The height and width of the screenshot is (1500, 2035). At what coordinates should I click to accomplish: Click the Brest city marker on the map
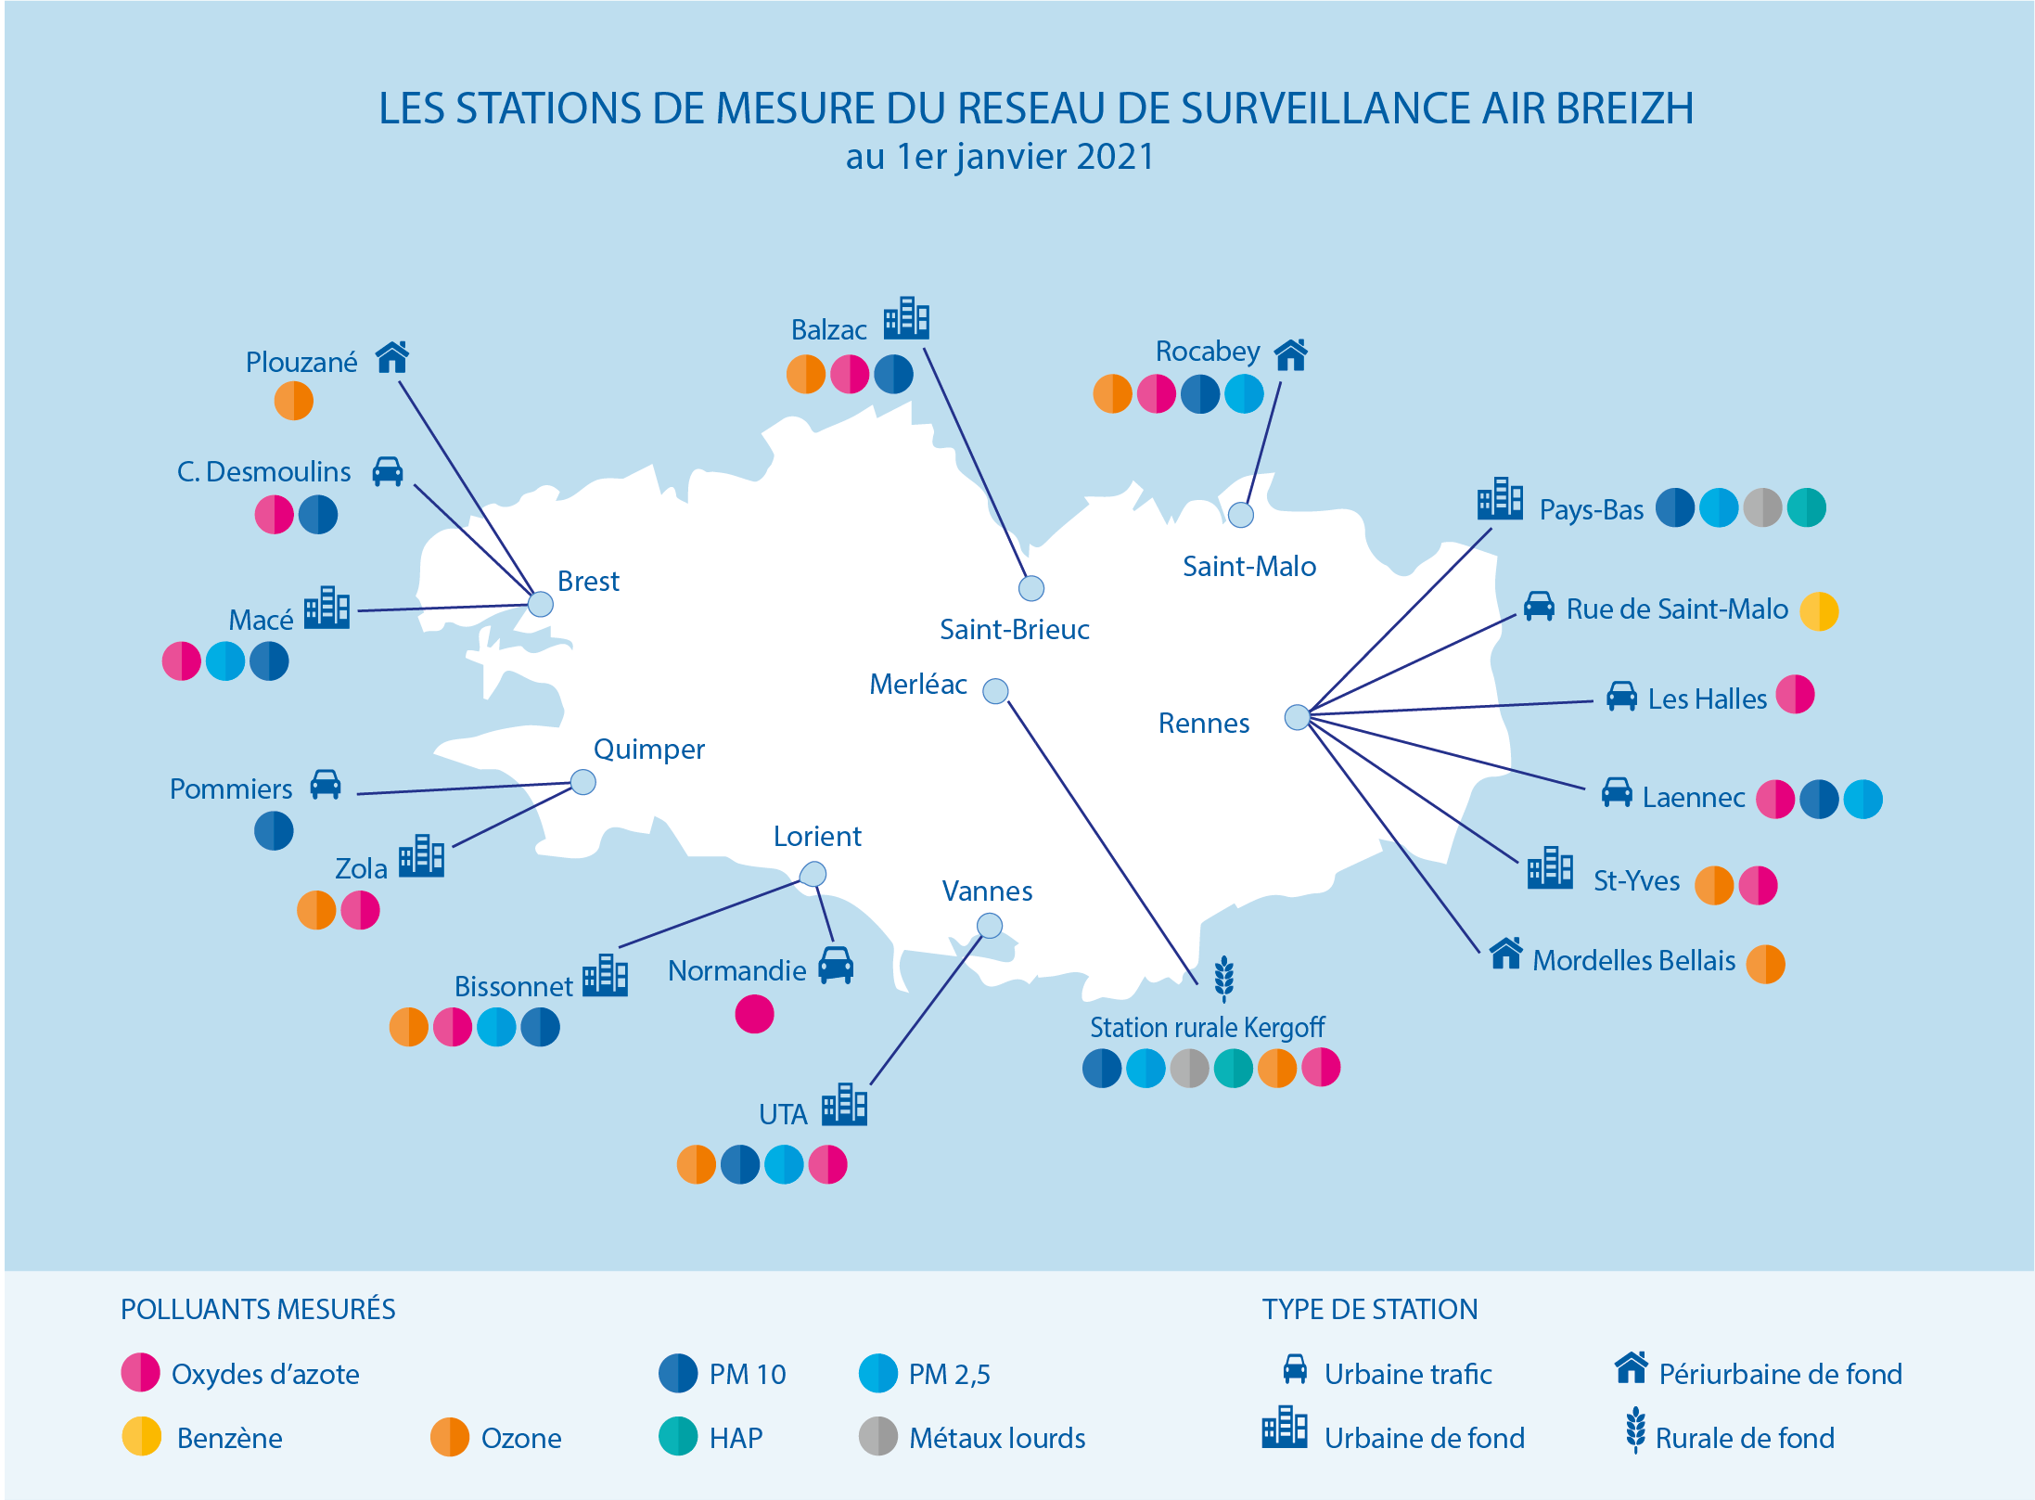click(541, 605)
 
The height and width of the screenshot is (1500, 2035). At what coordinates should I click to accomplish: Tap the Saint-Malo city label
click(1249, 567)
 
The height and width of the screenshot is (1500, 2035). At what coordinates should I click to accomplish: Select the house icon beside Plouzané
click(392, 357)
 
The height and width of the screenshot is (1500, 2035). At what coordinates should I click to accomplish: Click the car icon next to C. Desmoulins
click(388, 471)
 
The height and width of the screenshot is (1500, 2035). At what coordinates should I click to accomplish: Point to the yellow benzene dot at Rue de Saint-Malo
click(1819, 611)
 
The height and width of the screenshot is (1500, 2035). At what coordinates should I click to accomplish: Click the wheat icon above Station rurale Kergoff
click(1224, 980)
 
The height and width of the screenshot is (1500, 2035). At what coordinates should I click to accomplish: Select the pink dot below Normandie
click(754, 1014)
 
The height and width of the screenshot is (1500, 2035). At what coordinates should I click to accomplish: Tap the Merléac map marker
click(995, 691)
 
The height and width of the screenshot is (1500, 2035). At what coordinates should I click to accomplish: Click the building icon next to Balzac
click(906, 318)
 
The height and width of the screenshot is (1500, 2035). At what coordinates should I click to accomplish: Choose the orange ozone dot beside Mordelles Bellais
click(1765, 964)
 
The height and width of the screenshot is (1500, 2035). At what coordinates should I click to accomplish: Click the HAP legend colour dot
click(678, 1437)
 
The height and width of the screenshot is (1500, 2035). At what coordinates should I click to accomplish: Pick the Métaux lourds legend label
click(997, 1439)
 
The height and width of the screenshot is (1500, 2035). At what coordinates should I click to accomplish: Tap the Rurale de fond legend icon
click(1636, 1430)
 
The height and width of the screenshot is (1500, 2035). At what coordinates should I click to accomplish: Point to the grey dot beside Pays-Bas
click(1762, 508)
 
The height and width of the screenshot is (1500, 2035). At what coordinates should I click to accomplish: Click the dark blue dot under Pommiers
click(274, 830)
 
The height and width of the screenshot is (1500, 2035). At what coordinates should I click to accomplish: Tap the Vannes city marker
click(990, 926)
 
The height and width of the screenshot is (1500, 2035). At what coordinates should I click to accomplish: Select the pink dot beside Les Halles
click(1795, 695)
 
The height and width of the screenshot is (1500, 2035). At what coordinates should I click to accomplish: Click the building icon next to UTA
click(844, 1104)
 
